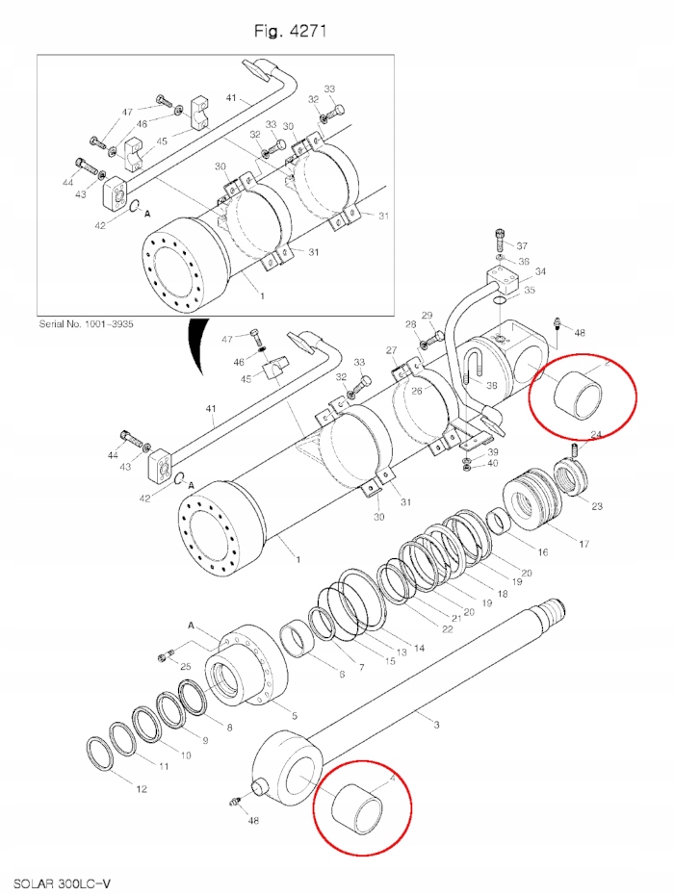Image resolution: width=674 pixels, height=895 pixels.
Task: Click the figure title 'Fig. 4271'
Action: click(291, 31)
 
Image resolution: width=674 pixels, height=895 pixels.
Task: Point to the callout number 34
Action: click(540, 271)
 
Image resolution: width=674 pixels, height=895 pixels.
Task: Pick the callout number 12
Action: click(142, 789)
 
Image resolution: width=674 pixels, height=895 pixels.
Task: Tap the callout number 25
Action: click(186, 667)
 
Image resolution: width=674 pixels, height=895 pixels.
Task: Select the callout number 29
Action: click(427, 316)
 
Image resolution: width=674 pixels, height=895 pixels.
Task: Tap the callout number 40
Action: click(492, 464)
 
